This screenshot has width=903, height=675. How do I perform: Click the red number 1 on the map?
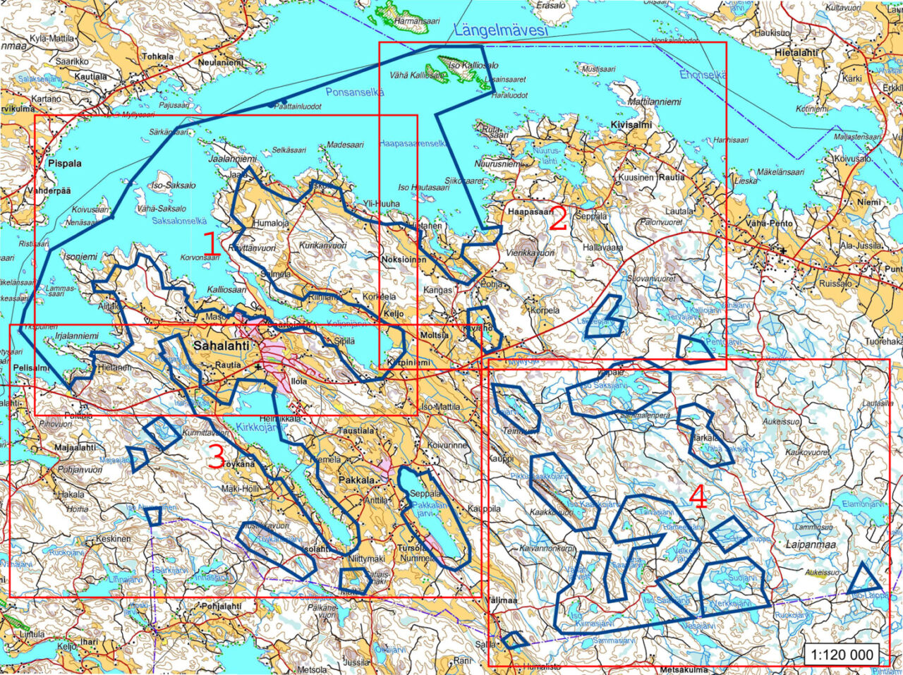tap(211, 244)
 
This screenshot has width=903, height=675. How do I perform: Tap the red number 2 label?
tap(558, 220)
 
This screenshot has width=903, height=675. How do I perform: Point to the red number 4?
tap(698, 499)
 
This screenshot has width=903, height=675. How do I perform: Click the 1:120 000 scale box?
tap(842, 655)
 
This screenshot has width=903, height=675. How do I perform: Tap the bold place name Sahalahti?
tap(219, 346)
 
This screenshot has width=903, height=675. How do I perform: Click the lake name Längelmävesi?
tap(501, 30)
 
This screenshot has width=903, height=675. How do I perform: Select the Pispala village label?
tap(65, 163)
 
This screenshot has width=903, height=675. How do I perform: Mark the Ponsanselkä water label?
tap(355, 92)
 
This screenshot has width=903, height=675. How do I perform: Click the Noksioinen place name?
tap(404, 260)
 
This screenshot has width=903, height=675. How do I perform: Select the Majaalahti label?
tap(75, 447)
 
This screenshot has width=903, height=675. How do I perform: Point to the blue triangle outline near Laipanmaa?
tap(863, 580)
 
